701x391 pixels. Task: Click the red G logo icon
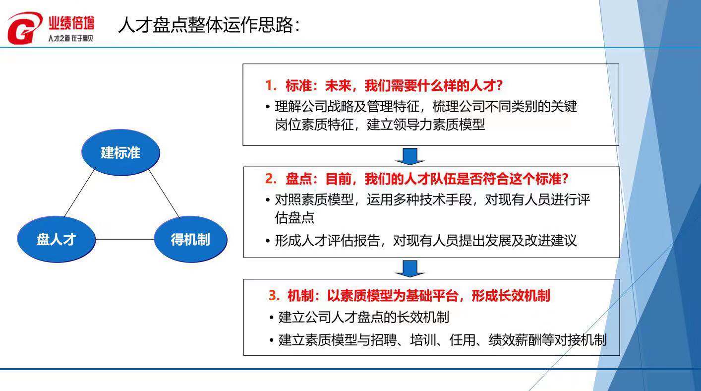pos(24,28)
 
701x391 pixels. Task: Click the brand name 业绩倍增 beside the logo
pos(71,23)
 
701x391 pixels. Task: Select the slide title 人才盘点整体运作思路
pos(208,25)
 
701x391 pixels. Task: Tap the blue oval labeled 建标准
pos(120,152)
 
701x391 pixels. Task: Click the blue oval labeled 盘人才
pos(56,240)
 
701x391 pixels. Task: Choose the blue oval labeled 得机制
pos(190,240)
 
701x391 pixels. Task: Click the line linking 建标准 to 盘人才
pos(79,193)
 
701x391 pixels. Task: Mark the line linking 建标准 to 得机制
pos(164,193)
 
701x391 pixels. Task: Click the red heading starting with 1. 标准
pos(384,86)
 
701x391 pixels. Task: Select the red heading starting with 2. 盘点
pos(416,179)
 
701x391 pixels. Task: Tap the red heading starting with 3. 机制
pos(409,296)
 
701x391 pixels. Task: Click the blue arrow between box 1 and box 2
pos(410,156)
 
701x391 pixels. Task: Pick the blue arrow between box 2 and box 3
pos(410,268)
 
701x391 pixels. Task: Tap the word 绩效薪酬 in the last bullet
pos(507,340)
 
